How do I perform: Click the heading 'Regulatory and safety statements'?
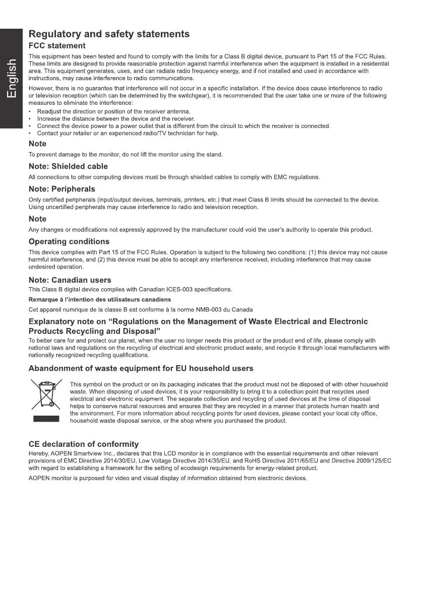(x=109, y=34)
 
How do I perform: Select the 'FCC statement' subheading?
(x=57, y=46)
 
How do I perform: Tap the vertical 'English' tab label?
(x=12, y=79)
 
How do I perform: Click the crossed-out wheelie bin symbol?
(x=46, y=395)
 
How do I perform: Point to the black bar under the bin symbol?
(x=46, y=419)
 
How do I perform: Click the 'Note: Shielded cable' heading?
(x=68, y=166)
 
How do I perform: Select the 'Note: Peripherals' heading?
(x=62, y=189)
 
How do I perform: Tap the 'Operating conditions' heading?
(x=69, y=241)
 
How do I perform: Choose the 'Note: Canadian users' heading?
(x=70, y=280)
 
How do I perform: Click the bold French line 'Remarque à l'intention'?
(x=99, y=299)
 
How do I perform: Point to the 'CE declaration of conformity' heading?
(x=84, y=444)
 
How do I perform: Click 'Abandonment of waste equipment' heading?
(x=141, y=368)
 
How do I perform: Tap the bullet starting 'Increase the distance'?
(x=115, y=118)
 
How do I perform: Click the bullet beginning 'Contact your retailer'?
(x=128, y=133)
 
